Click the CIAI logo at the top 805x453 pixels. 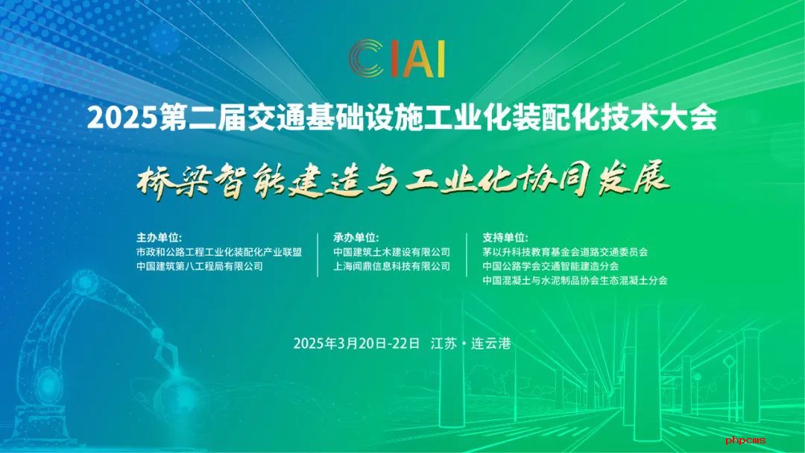[397, 58]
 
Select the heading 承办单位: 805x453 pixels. [356, 238]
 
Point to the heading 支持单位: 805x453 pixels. [505, 238]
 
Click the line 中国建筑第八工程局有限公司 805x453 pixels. [200, 266]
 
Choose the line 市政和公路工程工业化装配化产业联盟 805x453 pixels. [219, 253]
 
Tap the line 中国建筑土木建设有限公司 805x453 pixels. [392, 253]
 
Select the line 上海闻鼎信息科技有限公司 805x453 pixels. [392, 266]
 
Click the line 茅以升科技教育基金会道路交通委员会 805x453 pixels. [565, 253]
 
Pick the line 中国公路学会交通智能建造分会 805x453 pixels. [550, 266]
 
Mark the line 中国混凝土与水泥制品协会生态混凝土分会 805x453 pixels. [575, 280]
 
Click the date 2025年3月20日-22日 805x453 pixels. [357, 343]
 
